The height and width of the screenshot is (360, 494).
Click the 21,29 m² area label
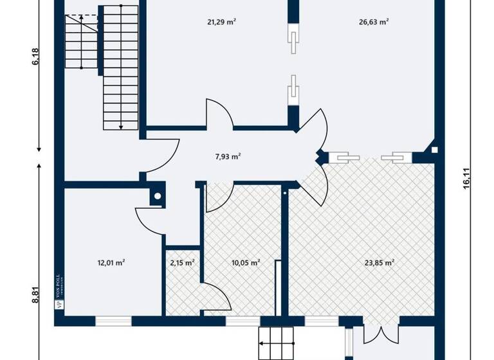click(221, 22)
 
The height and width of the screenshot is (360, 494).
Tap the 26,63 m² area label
click(374, 22)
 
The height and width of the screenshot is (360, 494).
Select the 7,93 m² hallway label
click(228, 156)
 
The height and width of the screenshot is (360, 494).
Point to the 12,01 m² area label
click(111, 262)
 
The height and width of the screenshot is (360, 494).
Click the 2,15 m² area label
click(182, 262)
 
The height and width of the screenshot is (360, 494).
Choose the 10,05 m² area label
click(245, 262)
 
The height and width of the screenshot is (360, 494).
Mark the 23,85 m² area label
click(379, 262)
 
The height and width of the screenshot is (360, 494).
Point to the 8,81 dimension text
click(36, 294)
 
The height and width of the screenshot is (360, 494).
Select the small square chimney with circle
click(156, 197)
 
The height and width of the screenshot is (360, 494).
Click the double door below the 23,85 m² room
click(380, 333)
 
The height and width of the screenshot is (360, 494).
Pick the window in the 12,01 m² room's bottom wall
click(113, 319)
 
